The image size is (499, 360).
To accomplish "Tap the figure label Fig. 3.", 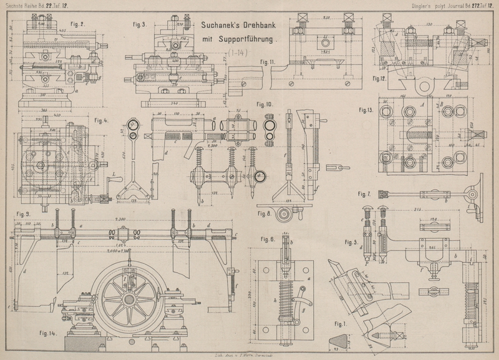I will (x=140, y=25).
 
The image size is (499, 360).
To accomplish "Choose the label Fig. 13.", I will (x=368, y=110).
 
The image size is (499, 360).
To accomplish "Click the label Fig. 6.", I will (x=268, y=240).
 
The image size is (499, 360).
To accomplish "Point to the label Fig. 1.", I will (x=340, y=324).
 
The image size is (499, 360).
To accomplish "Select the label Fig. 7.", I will (x=366, y=193).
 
